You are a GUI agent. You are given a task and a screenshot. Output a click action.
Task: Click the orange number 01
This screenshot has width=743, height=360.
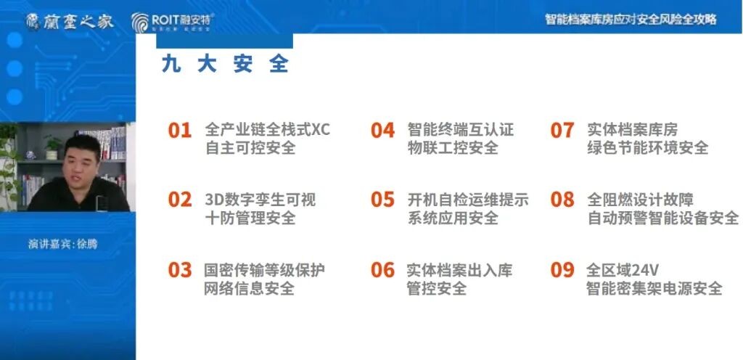point(180,131)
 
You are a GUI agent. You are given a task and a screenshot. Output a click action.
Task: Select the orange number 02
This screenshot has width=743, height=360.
point(180,200)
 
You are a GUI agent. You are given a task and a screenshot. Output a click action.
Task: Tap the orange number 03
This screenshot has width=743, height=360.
point(180,270)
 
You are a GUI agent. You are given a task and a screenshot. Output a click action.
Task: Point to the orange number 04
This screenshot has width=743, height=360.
point(382,131)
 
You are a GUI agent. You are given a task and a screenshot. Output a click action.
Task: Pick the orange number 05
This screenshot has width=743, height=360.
point(382,200)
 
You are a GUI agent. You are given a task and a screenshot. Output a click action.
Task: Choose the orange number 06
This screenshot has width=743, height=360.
point(382,270)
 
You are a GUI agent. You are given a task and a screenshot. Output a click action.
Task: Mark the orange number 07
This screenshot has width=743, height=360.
point(562,131)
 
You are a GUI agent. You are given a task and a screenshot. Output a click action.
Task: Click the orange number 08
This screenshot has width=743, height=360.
point(562,200)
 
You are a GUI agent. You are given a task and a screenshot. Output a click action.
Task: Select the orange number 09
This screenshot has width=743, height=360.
point(562,270)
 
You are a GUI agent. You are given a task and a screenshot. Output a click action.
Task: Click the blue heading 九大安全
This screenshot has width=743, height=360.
point(225,64)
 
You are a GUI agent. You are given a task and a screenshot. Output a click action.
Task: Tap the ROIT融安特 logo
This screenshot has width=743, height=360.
point(173,22)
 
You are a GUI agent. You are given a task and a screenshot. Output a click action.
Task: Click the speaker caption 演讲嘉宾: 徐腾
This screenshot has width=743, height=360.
point(62,244)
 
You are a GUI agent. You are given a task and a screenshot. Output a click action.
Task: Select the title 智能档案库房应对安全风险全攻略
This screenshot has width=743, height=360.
point(631,19)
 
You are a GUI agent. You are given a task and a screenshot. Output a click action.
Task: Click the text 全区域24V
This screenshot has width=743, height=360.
point(623,270)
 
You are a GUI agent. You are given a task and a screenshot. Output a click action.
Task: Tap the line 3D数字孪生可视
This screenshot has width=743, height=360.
point(260,199)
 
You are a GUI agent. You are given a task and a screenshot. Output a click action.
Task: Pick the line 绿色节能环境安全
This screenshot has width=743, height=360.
point(647,148)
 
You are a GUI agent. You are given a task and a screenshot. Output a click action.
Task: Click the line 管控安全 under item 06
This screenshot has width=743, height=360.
point(436,289)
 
